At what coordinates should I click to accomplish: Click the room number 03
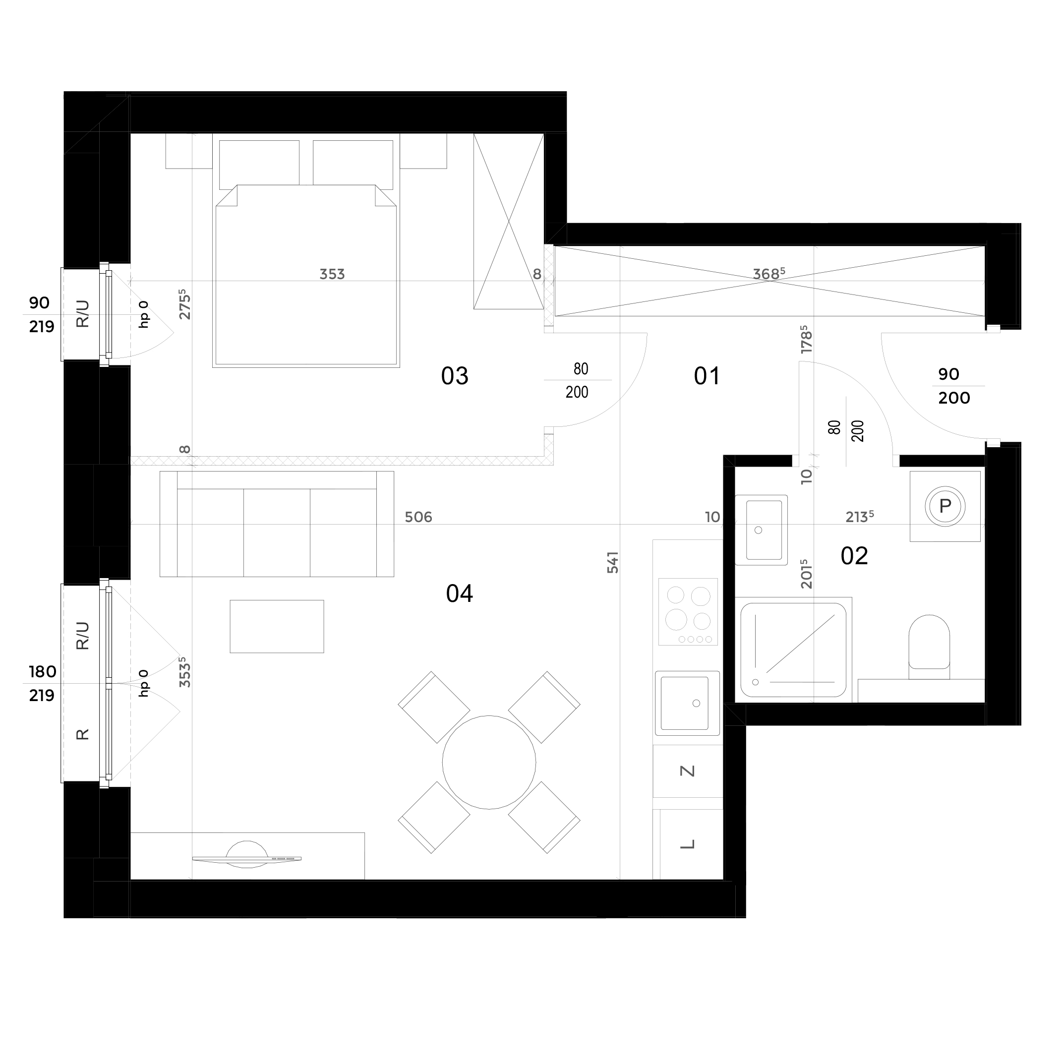point(454,376)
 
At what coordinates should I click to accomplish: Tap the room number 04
point(459,593)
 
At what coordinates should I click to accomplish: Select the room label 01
point(707,377)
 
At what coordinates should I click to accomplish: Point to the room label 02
point(854,556)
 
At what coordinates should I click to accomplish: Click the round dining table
point(489,762)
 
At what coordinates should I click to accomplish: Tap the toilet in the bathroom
point(929,647)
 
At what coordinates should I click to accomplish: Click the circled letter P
point(945,506)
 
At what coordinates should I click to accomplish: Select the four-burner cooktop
point(688,611)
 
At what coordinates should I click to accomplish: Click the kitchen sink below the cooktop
point(687,703)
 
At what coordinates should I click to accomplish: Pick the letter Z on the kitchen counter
point(688,771)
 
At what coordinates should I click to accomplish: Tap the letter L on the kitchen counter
point(688,844)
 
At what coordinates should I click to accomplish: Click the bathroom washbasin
point(761,530)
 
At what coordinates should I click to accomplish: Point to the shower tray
point(794,650)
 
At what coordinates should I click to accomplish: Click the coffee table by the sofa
point(277,626)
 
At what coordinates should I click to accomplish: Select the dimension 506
point(418,517)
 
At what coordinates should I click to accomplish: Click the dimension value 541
point(613,562)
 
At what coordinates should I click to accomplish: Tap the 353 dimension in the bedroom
point(332,274)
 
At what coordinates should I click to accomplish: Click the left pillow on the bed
point(259,165)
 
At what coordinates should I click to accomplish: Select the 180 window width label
point(43,672)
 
